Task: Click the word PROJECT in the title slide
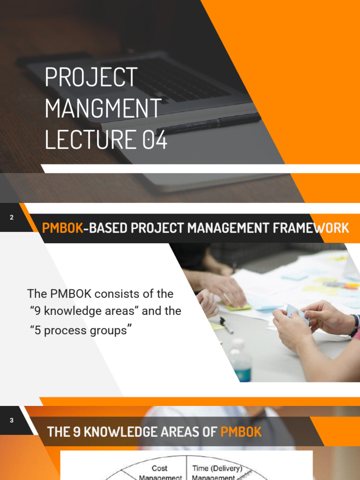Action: pyautogui.click(x=91, y=78)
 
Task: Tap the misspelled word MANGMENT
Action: pyautogui.click(x=104, y=109)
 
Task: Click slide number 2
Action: pyautogui.click(x=11, y=217)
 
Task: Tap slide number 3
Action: pyautogui.click(x=12, y=420)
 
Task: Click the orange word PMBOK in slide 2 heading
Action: pyautogui.click(x=62, y=228)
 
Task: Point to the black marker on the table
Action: pyautogui.click(x=227, y=325)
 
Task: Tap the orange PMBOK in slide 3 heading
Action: pyautogui.click(x=241, y=432)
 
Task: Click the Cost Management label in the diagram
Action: pyautogui.click(x=160, y=472)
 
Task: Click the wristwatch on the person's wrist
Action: pyautogui.click(x=355, y=325)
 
